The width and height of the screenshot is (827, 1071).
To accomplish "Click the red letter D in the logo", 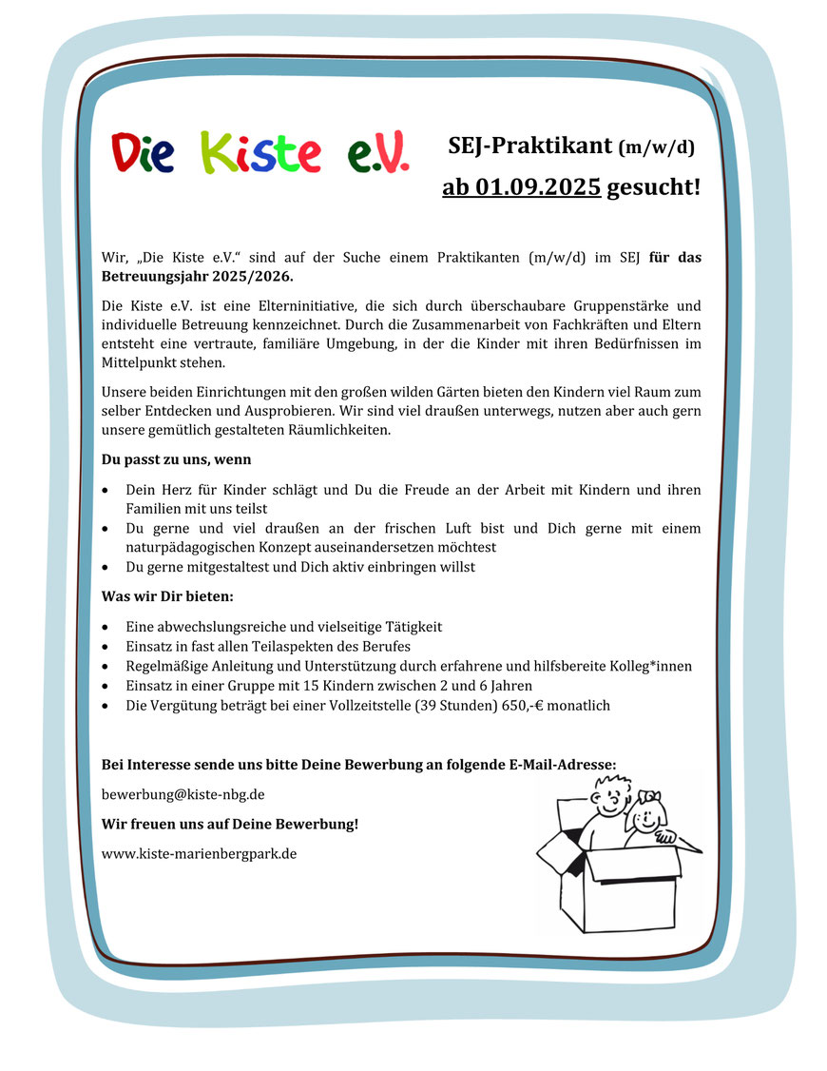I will coord(126,153).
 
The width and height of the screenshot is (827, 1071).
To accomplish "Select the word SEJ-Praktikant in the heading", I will coord(529,146).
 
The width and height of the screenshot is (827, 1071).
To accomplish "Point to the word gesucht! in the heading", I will coord(653,186).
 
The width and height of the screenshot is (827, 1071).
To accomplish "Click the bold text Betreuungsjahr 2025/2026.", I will coord(198,277).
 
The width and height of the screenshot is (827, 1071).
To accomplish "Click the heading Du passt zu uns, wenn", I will coord(176,459).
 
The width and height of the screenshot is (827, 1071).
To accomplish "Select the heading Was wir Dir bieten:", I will coord(167,596).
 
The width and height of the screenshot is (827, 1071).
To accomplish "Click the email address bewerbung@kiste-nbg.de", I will coord(183,793).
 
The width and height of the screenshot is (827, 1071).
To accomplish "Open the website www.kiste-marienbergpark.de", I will coord(199,853).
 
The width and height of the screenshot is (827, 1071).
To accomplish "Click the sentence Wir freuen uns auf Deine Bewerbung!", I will coord(230,824).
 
